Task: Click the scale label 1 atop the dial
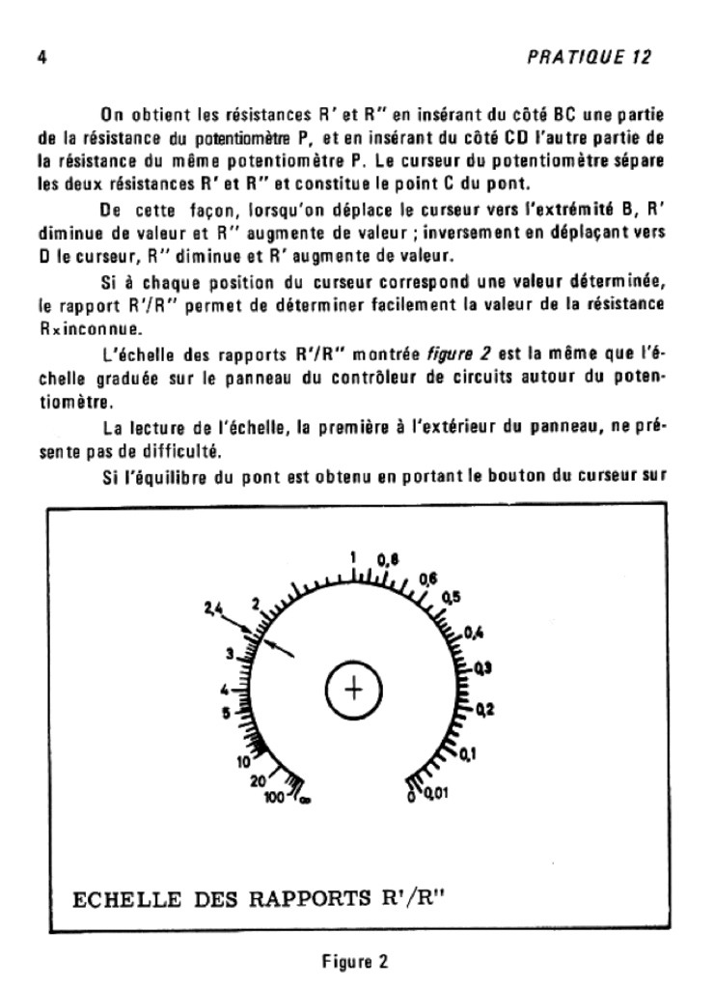(x=354, y=557)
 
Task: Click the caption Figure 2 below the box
(x=355, y=962)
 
